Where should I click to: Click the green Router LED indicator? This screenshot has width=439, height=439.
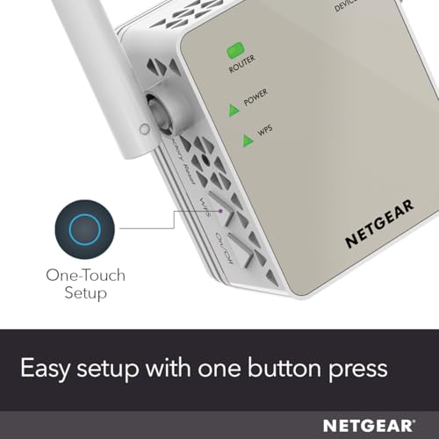(234, 51)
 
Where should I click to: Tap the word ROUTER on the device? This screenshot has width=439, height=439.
(242, 67)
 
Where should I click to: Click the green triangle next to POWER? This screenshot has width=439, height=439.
(233, 109)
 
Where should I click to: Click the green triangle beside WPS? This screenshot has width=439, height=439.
(233, 138)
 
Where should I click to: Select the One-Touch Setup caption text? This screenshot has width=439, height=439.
(84, 284)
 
